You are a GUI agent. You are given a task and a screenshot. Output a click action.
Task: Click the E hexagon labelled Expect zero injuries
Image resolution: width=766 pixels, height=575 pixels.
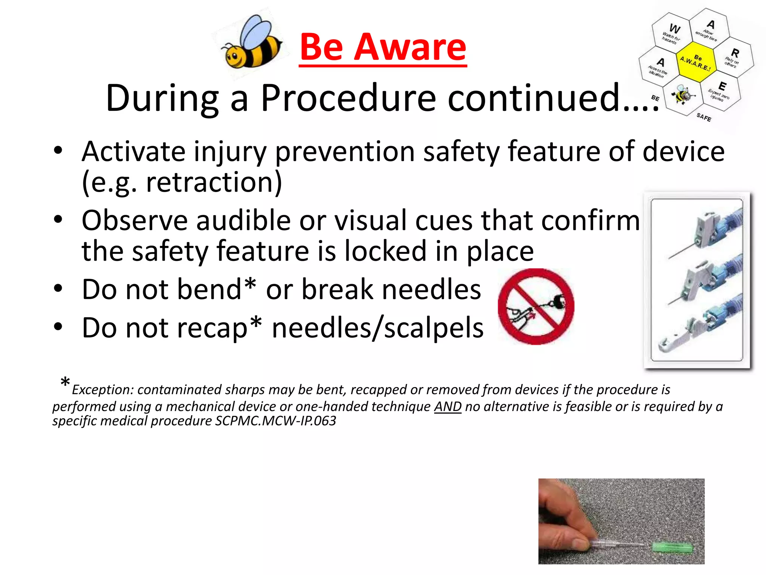(x=720, y=91)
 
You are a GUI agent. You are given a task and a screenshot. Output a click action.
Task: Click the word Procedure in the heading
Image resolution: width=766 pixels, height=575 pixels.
(x=348, y=98)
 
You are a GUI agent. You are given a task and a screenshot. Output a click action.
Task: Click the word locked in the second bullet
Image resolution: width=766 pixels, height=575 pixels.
(x=385, y=251)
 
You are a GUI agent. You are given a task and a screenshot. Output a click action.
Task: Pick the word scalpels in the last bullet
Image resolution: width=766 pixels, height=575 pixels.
(x=434, y=328)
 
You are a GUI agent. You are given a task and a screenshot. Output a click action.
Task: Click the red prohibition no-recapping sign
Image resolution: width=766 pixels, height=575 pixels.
(x=536, y=306)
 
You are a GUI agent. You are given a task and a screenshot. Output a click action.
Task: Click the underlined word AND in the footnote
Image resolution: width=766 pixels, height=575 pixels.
(x=447, y=407)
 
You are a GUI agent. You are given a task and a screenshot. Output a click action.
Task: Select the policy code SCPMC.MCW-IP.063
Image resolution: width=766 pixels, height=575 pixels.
(x=275, y=421)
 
